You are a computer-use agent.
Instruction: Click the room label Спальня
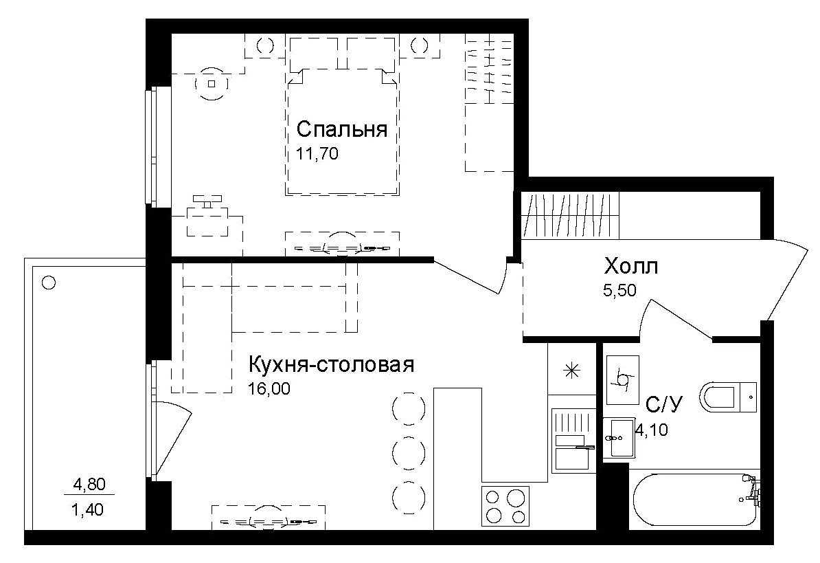[x=342, y=129]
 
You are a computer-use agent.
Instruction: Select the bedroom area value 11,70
[x=317, y=153]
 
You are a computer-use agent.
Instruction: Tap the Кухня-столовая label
[x=330, y=364]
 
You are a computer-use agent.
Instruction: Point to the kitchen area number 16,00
[x=269, y=389]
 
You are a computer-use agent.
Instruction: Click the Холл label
[x=630, y=266]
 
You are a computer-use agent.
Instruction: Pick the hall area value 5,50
[x=619, y=290]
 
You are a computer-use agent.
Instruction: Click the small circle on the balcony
[x=48, y=282]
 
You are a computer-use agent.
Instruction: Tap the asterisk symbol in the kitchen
[x=571, y=371]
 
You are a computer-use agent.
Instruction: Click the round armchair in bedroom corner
[x=212, y=84]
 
